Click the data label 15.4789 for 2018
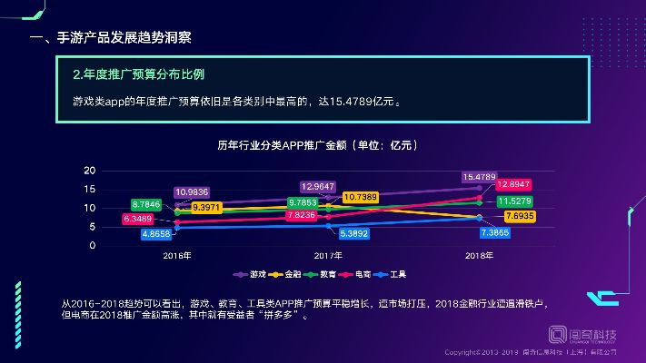tap(479, 177)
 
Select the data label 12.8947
tap(514, 184)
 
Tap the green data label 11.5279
tap(514, 201)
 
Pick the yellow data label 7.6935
tap(514, 216)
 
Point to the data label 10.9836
tap(192, 191)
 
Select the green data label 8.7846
tap(145, 204)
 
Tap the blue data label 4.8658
tap(156, 233)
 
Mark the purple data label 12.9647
tap(318, 186)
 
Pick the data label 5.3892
tap(353, 233)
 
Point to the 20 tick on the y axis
tap(89, 171)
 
